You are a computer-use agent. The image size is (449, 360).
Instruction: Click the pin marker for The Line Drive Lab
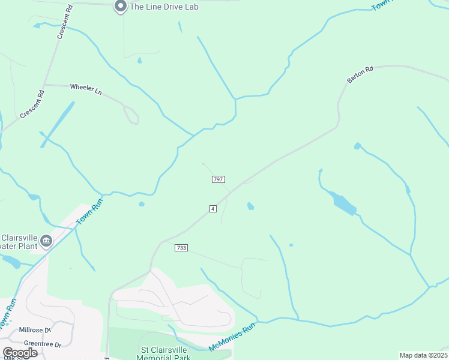click(x=120, y=6)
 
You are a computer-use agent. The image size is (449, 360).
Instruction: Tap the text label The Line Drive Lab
click(x=164, y=7)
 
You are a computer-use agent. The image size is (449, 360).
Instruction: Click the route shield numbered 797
click(x=218, y=179)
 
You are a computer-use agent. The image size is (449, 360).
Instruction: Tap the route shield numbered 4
click(x=213, y=208)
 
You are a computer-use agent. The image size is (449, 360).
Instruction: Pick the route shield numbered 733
click(x=181, y=248)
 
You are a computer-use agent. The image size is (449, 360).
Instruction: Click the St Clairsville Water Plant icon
click(x=46, y=242)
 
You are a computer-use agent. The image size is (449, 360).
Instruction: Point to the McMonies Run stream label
click(x=232, y=337)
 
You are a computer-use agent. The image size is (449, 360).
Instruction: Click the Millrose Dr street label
click(x=35, y=330)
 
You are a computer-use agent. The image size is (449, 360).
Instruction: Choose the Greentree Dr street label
click(x=41, y=344)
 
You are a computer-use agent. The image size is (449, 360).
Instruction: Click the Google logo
click(x=20, y=352)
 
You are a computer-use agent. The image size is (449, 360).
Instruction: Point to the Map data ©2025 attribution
click(x=423, y=355)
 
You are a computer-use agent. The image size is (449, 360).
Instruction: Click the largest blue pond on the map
click(x=343, y=203)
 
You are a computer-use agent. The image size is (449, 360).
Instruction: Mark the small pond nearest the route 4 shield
click(x=250, y=206)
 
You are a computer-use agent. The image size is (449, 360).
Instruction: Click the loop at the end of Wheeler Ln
click(x=132, y=116)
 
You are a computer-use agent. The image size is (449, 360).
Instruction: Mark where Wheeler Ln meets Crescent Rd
click(x=44, y=85)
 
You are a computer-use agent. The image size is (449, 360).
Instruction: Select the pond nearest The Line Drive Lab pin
click(x=139, y=60)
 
